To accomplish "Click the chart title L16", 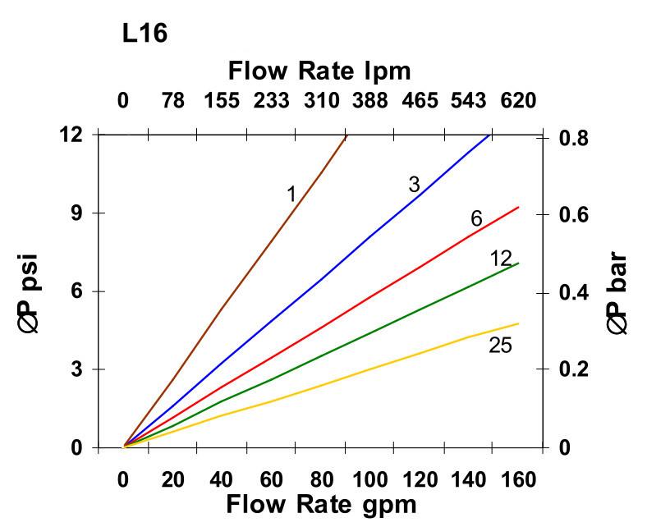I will click(145, 35).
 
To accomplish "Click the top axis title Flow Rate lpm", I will click(319, 71).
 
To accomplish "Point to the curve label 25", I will click(500, 346).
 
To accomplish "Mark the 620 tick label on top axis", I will click(518, 101).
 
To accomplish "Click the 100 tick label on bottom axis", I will click(369, 479).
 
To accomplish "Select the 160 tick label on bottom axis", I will click(518, 479).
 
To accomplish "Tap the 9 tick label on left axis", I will click(76, 213).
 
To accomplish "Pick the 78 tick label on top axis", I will click(172, 101).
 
